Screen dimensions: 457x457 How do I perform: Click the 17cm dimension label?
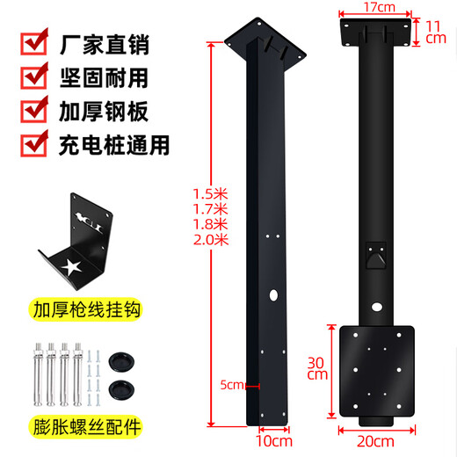coord(380,7)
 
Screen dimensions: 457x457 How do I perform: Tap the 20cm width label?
coord(375,441)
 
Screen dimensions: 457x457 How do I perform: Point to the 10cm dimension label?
coord(274,441)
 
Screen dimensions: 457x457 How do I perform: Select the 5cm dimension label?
coord(232,385)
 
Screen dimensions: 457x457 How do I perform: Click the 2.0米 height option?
coord(211,240)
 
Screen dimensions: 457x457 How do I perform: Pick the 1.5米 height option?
coord(210,194)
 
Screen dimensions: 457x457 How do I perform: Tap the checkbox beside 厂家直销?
coord(34,42)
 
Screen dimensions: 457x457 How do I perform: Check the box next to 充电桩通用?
coord(34,144)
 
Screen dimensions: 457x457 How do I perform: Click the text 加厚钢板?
coord(104,112)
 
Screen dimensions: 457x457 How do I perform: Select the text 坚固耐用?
coord(104,78)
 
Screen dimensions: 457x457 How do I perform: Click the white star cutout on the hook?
coord(71,267)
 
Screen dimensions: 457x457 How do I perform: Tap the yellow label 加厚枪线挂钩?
coord(85,309)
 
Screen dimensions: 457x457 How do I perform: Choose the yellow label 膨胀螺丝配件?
coord(85,427)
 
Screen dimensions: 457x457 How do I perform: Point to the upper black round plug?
coord(122,362)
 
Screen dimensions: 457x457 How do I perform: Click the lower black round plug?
coord(122,390)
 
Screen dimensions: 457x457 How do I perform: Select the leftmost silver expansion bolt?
coord(39,374)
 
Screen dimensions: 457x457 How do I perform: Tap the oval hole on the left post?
coord(273,295)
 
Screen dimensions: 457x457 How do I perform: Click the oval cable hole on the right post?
coord(377,308)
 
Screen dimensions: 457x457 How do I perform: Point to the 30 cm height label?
coord(316,369)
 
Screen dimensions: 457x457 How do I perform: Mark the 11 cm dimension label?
coord(435,33)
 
